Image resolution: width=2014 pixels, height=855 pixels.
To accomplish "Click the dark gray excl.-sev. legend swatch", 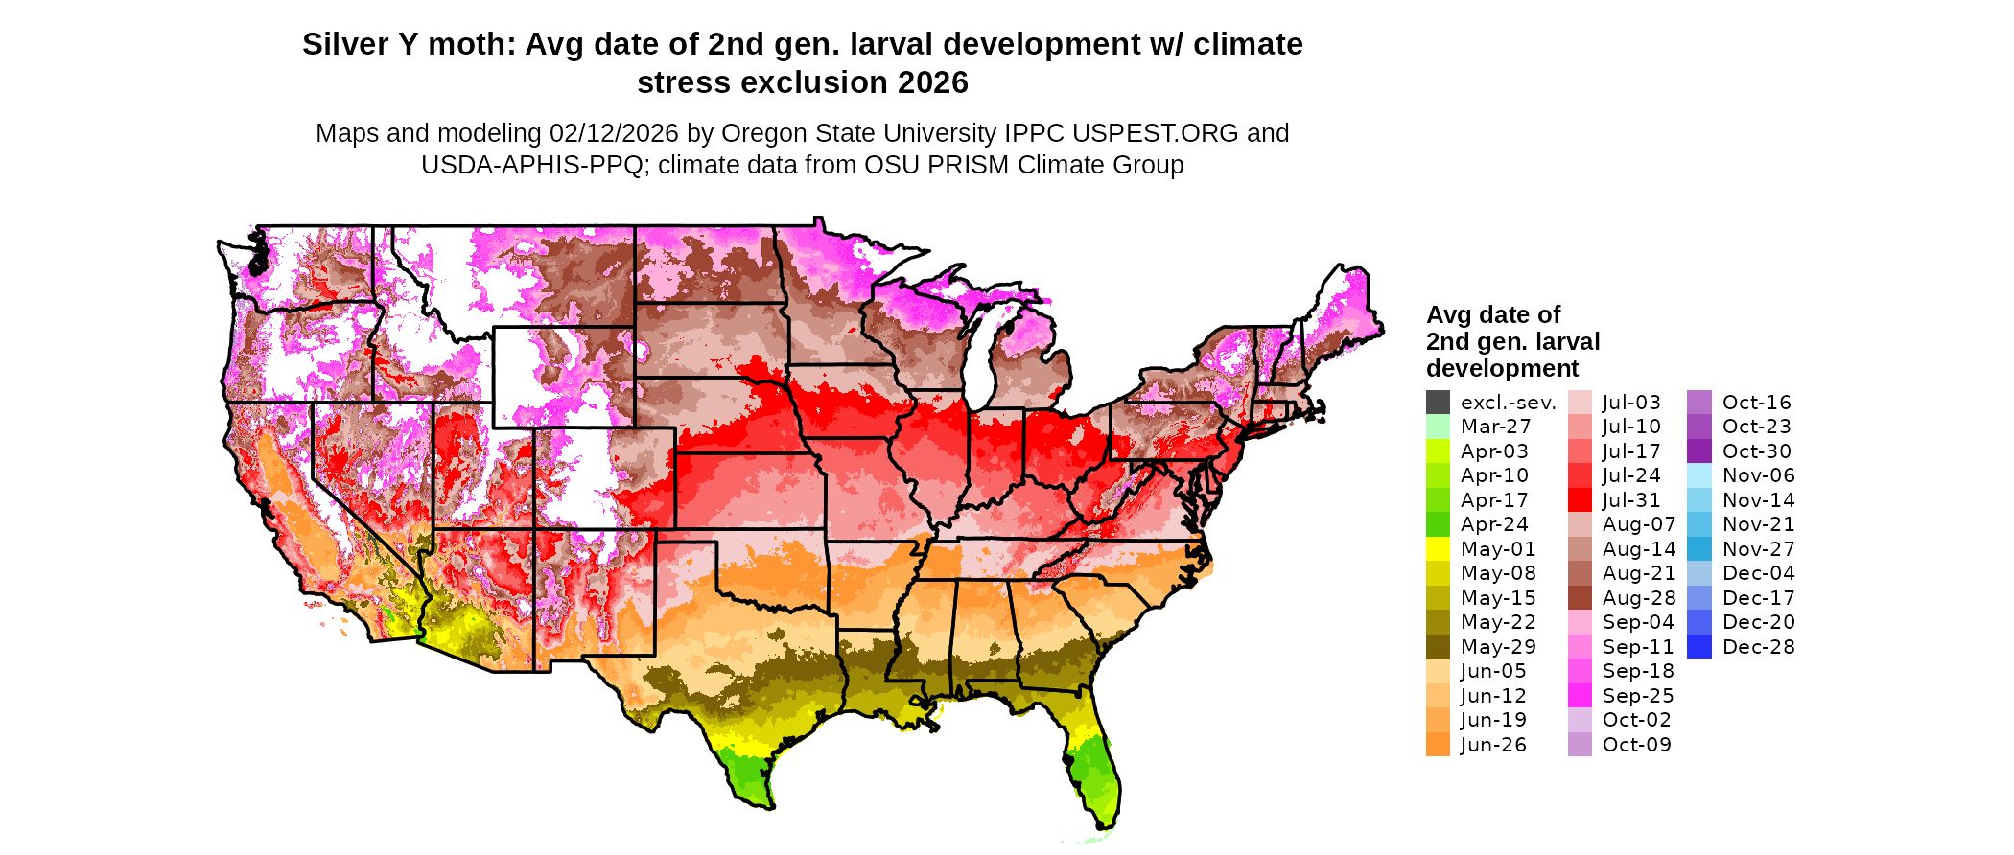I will [x=1438, y=403].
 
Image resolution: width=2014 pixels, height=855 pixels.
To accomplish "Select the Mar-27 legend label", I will [x=1495, y=427].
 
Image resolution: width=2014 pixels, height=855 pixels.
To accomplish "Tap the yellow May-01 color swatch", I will [x=1438, y=549].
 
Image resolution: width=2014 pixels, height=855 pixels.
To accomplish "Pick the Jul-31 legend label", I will [x=1630, y=500].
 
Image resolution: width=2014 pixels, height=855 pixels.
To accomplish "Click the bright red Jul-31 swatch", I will [x=1580, y=500].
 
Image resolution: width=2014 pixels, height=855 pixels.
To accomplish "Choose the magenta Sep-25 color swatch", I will [x=1580, y=696].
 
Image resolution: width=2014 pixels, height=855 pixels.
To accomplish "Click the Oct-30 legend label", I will [x=1756, y=451].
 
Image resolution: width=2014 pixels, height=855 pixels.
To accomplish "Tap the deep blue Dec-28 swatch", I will [x=1698, y=647].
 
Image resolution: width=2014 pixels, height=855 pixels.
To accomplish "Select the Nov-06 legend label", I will [x=1758, y=475].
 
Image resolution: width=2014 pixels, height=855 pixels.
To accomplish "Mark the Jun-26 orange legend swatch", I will [x=1438, y=745].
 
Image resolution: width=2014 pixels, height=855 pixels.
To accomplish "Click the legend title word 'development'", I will [x=1502, y=369].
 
